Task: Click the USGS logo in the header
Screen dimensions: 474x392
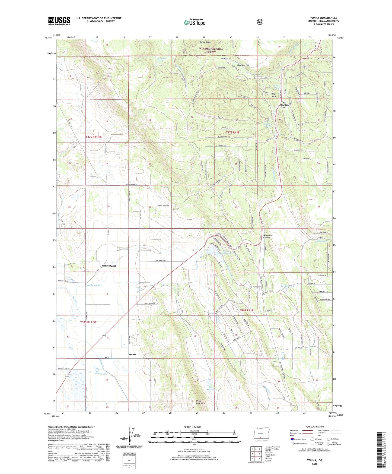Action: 59,21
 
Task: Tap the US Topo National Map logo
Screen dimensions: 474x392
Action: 194,22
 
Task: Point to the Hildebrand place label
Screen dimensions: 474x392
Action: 109,266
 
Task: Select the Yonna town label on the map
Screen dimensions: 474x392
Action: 132,354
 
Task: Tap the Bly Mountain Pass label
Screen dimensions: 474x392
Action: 284,105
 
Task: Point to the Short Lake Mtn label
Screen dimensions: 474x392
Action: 200,402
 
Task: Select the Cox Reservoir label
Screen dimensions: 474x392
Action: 288,286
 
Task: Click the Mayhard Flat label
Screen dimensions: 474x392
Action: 243,65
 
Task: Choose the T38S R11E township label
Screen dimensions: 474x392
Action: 246,310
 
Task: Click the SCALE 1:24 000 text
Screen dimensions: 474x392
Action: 192,427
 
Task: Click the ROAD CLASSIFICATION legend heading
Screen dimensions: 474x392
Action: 314,427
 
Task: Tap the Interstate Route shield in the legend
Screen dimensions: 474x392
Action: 292,439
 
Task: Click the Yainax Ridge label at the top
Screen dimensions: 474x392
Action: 205,42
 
